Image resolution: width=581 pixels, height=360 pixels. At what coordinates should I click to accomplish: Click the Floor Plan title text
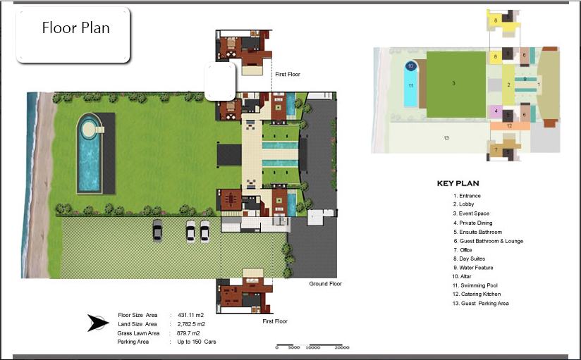click(75, 29)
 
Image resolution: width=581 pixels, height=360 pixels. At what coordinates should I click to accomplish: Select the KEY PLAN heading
click(458, 183)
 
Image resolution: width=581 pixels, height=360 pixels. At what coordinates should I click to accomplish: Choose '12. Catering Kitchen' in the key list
click(482, 294)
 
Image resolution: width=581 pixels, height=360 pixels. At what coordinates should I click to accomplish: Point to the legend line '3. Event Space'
click(472, 213)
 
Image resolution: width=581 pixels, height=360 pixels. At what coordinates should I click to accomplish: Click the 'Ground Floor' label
click(325, 284)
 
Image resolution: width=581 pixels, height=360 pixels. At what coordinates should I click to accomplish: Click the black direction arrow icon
click(97, 323)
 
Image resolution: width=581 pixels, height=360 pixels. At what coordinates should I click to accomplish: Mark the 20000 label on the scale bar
click(342, 347)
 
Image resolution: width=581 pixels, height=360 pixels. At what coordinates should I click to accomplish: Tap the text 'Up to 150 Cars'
click(197, 342)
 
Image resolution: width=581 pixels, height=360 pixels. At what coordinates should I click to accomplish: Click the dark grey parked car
click(157, 230)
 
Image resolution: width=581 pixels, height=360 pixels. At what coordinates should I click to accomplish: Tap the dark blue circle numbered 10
click(411, 66)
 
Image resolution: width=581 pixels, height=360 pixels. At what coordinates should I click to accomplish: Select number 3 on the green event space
click(453, 83)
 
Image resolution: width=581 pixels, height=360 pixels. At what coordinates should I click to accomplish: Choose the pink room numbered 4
click(496, 111)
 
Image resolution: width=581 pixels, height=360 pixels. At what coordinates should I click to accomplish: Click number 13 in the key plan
click(446, 137)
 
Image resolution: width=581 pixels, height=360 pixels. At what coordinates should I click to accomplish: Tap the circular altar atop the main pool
click(89, 128)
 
